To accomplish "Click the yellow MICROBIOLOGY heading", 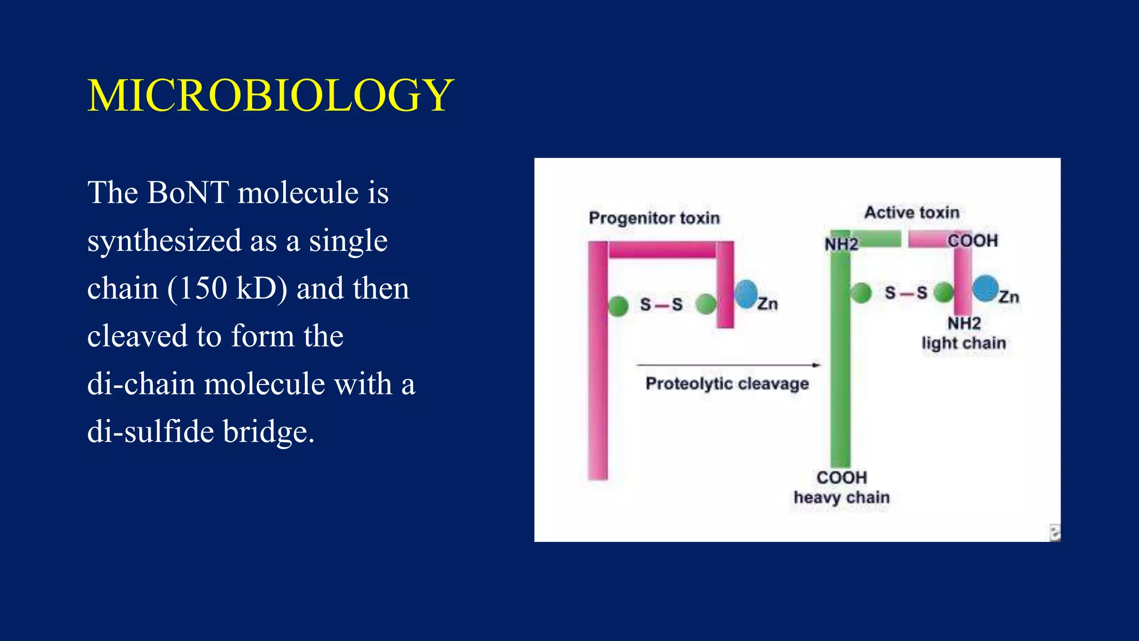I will [271, 96].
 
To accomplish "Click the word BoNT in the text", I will [188, 193].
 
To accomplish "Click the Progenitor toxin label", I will [654, 218].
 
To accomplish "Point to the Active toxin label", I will [912, 213].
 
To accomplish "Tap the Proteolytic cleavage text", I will [727, 384].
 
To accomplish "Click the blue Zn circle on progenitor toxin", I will [746, 294].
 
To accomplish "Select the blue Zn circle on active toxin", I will [986, 288].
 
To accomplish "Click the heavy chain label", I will [841, 497].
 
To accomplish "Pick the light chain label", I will [964, 343].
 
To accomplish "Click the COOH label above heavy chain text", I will [841, 477].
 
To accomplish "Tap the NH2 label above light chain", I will [964, 323].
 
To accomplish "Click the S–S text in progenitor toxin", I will [661, 304].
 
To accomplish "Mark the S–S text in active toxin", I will [906, 293].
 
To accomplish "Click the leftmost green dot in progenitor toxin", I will [618, 305].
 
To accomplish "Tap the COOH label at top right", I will [973, 241].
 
